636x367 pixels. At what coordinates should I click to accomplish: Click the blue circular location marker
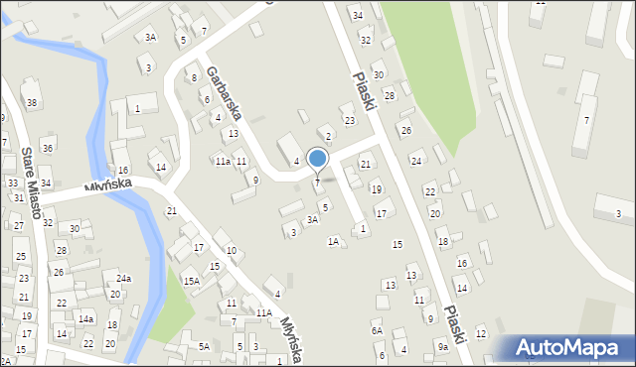(x=317, y=158)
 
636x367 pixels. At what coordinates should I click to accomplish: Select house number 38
(x=32, y=103)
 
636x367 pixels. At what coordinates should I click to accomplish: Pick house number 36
(x=47, y=148)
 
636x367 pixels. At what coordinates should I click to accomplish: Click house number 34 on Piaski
(x=357, y=16)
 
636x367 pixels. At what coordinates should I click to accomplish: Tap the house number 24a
(x=123, y=280)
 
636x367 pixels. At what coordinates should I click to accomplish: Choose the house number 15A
(x=191, y=282)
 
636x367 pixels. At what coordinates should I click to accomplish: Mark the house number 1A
(x=334, y=241)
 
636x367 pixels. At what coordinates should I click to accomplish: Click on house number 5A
(x=204, y=346)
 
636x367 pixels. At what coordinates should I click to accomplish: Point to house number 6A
(x=377, y=331)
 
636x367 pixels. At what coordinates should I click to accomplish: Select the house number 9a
(x=442, y=347)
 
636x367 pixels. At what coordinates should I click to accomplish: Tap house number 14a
(x=86, y=319)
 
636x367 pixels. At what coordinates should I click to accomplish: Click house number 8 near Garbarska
(x=193, y=76)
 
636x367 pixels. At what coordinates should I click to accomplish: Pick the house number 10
(x=231, y=251)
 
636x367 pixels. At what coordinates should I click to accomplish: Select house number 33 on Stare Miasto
(x=13, y=183)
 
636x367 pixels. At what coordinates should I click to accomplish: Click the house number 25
(x=21, y=257)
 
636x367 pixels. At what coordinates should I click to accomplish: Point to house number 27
(x=18, y=226)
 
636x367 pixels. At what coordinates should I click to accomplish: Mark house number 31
(x=18, y=198)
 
